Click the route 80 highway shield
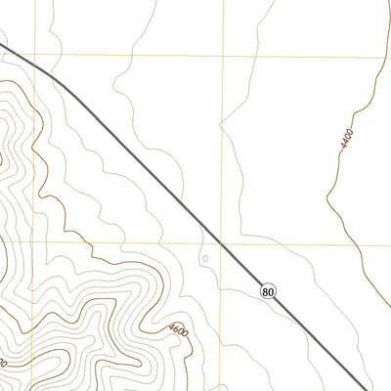(x=269, y=290)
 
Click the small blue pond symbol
(x=205, y=259)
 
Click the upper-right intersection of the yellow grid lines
(x=224, y=55)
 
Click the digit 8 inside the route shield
(x=266, y=290)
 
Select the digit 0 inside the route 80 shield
(x=272, y=290)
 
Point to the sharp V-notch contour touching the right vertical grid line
(x=223, y=124)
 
